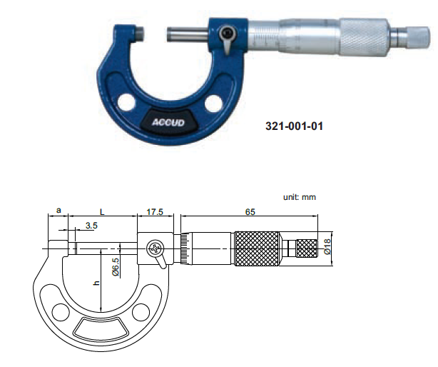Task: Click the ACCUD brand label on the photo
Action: point(168,123)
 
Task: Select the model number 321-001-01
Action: point(294,126)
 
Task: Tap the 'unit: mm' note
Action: point(300,197)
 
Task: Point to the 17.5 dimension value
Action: point(155,212)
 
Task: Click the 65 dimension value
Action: point(250,212)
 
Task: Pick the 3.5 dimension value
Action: point(91,226)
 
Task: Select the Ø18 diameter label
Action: point(327,246)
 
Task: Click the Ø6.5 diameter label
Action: point(116,267)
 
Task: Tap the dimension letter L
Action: point(102,212)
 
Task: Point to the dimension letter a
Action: point(58,210)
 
